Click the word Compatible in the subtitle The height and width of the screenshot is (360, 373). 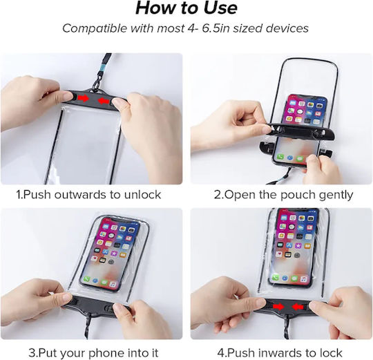tap(95, 28)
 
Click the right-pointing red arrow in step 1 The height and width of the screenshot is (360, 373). tap(84, 98)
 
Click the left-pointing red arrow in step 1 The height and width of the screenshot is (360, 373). tap(104, 101)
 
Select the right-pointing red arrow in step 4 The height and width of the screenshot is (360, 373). tap(278, 307)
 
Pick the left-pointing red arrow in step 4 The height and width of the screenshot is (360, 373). tap(298, 307)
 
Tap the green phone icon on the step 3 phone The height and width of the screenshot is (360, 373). tap(86, 278)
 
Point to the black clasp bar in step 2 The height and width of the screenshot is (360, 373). tap(300, 130)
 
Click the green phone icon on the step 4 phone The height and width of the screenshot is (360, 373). tap(276, 278)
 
